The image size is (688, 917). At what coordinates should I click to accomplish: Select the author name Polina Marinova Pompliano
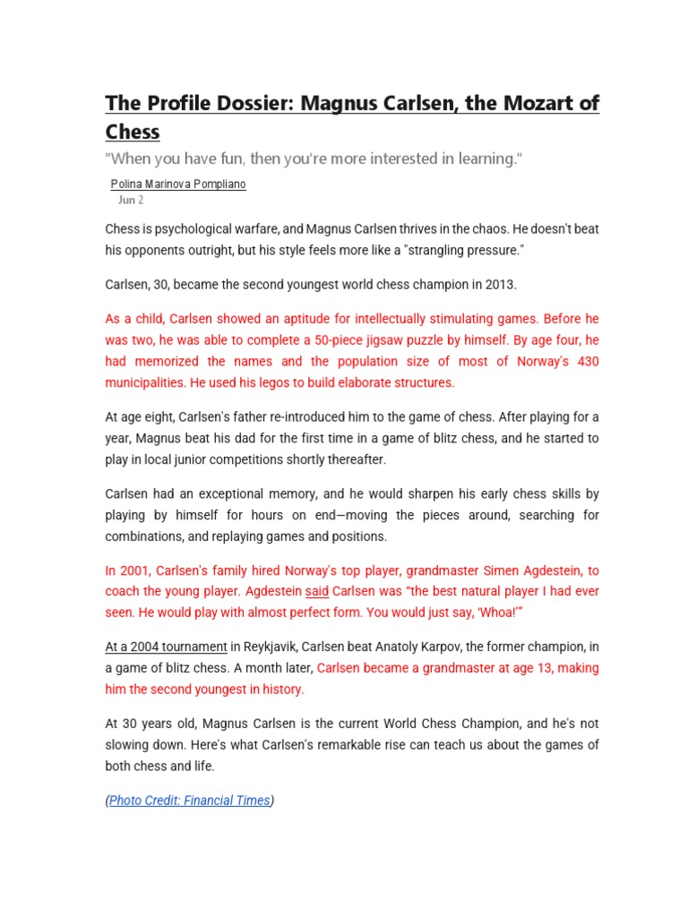[177, 184]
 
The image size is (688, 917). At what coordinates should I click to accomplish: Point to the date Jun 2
[131, 200]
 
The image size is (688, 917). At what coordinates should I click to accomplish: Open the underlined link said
[318, 592]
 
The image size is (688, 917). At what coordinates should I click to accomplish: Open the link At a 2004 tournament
[166, 647]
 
